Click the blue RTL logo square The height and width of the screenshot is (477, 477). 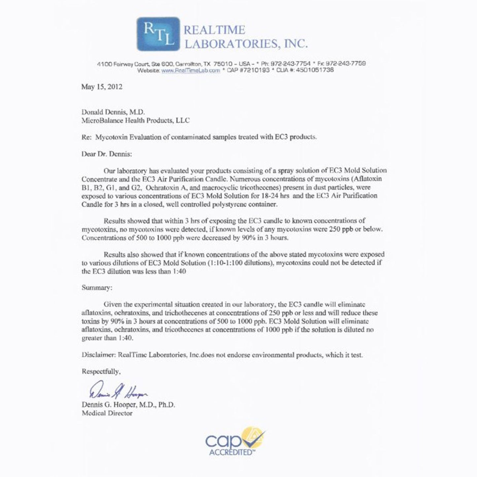coord(158,34)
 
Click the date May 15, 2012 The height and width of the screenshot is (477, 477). coord(102,87)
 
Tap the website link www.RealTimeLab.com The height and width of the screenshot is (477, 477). coord(190,70)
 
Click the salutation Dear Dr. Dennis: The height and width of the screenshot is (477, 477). coord(107,154)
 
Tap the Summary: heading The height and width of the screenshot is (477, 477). coord(97,288)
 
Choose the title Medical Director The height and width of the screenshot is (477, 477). coord(107,413)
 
